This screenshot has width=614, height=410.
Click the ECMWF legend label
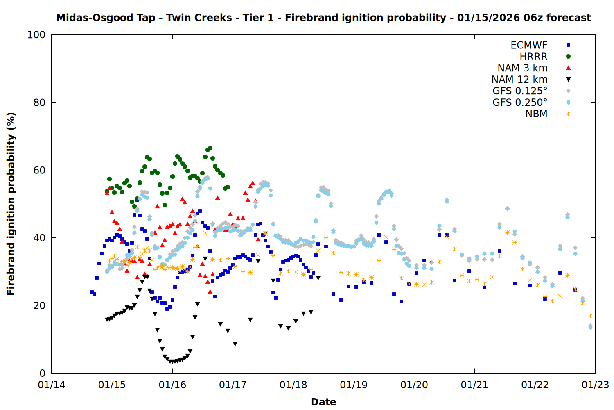[529, 45]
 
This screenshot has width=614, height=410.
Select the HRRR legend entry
[533, 57]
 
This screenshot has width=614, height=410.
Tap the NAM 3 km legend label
[522, 68]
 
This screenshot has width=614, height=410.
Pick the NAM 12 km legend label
[519, 80]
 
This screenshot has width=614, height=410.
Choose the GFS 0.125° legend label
[520, 91]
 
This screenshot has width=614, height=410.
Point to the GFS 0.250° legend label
[520, 102]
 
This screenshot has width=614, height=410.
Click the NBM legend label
[536, 114]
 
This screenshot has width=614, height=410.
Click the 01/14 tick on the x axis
[52, 385]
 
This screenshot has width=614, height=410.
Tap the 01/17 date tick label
[233, 385]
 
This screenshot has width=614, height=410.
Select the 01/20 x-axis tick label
[414, 385]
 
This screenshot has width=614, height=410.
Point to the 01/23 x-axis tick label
[595, 385]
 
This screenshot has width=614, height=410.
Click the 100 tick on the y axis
[36, 35]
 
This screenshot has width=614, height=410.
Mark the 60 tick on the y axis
[39, 170]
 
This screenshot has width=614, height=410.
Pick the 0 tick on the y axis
[42, 373]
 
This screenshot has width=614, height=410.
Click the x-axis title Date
[323, 402]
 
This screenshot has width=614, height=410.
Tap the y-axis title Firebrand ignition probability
[11, 204]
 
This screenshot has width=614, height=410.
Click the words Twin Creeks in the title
[199, 18]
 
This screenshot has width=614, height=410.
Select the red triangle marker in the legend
[568, 68]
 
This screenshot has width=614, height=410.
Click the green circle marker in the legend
[568, 57]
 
